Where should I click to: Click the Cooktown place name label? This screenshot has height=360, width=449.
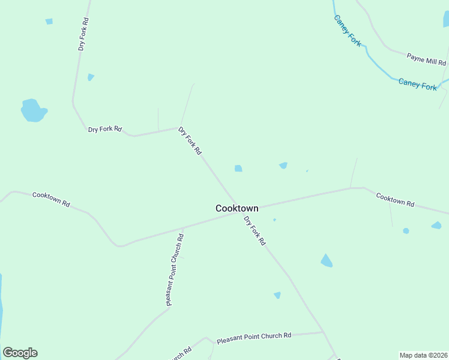tap(237, 208)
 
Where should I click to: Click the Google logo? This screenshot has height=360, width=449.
tap(20, 353)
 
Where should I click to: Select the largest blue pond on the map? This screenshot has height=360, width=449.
tap(33, 110)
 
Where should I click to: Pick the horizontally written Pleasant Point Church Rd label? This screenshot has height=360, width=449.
tap(254, 337)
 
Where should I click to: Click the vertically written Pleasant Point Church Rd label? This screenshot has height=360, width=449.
tap(175, 270)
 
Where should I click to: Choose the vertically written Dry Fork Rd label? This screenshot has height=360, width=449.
tap(83, 34)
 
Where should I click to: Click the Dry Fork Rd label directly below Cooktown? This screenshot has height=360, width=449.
tap(255, 231)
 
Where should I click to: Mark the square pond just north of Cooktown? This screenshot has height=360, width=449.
tap(238, 169)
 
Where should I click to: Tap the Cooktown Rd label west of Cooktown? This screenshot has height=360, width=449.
tap(51, 199)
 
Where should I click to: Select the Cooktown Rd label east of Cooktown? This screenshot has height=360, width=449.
tap(395, 200)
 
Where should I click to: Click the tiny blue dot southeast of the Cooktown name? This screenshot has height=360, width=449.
tap(274, 220)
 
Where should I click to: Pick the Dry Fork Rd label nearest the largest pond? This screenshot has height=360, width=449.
tap(104, 129)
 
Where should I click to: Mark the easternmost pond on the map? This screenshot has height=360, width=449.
tap(436, 226)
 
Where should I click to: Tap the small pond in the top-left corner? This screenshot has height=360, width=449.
tap(49, 22)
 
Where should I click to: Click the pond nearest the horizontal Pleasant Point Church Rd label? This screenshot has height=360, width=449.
tap(277, 295)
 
